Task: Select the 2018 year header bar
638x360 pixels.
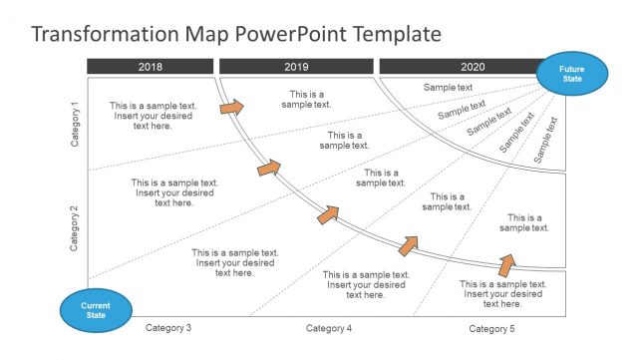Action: click(150, 67)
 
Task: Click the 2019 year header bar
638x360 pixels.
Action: click(296, 67)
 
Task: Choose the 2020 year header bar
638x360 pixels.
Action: click(459, 67)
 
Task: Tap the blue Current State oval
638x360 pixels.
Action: click(95, 309)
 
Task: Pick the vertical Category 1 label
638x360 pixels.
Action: click(75, 125)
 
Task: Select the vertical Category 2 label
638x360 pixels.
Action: click(75, 227)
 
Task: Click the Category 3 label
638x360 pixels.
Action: click(168, 328)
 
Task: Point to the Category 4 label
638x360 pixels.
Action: click(329, 328)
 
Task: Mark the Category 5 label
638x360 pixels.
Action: click(492, 328)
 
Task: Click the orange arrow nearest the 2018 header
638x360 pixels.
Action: click(231, 106)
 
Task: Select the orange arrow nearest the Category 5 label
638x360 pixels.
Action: click(506, 264)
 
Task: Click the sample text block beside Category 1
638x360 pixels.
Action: click(154, 116)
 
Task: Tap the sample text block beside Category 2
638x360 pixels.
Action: click(174, 192)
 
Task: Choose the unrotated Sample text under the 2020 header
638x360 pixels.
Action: click(448, 88)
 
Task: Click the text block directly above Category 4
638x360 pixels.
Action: click(366, 284)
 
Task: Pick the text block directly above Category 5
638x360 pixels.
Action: click(503, 294)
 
